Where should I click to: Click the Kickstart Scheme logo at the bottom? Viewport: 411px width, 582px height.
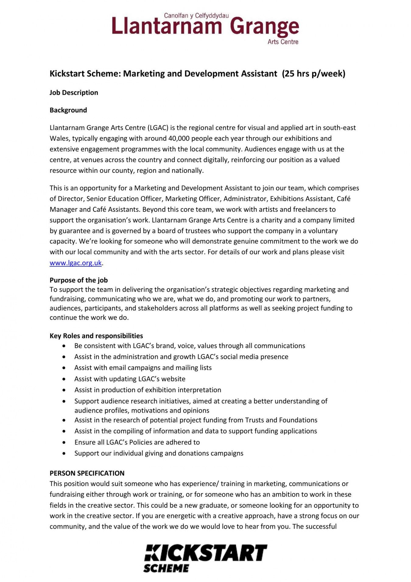pos(205,558)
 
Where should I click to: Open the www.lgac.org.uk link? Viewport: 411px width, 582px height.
pos(76,263)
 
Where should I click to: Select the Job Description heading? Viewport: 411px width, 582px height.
pos(74,93)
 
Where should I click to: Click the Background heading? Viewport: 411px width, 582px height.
pos(68,110)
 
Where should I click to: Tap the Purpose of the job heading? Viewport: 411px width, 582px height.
pos(79,280)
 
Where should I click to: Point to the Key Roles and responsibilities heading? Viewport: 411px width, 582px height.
pos(96,336)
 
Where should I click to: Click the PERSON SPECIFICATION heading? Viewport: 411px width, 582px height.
pos(87,473)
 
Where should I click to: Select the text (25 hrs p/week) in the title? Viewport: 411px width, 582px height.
pos(314,74)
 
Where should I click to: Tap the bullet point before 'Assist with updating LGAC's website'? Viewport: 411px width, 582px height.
pos(64,379)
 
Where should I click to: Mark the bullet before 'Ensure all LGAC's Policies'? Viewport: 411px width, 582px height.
pos(64,442)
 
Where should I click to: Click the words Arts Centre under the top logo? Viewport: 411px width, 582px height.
pos(283,42)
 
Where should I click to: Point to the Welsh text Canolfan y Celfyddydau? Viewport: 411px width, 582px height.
pos(196,16)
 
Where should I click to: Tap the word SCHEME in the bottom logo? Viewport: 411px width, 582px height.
pos(166,568)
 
